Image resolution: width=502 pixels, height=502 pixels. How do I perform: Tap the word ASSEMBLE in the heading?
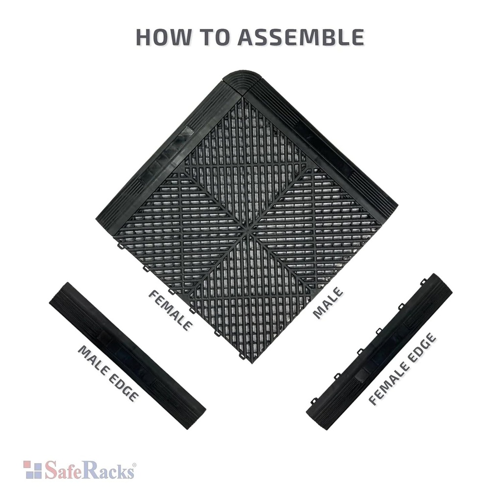tap(301, 37)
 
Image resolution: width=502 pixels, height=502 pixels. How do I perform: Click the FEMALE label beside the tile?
tap(170, 310)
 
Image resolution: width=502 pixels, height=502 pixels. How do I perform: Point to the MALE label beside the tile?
tap(328, 302)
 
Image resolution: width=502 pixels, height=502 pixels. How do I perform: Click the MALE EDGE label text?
tap(108, 373)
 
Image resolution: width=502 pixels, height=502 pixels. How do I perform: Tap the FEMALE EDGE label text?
tap(402, 369)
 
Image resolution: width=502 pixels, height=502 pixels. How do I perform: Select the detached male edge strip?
tap(127, 355)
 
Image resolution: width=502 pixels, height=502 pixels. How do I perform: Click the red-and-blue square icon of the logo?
tap(33, 470)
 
